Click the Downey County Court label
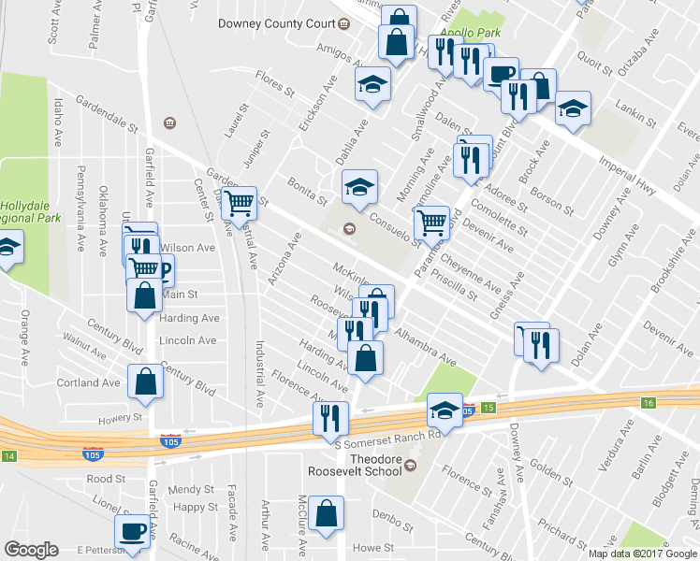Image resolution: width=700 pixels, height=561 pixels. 277,23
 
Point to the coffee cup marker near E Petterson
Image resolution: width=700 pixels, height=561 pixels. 131,531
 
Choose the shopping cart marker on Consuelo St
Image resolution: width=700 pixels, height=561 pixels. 431,222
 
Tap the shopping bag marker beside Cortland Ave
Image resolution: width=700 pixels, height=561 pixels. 145,381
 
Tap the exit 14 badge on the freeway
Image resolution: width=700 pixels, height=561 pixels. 9,456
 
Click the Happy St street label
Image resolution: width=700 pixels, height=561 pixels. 196,508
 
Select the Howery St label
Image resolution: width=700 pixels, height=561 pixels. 123,417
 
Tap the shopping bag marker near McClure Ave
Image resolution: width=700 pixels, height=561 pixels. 327,512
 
